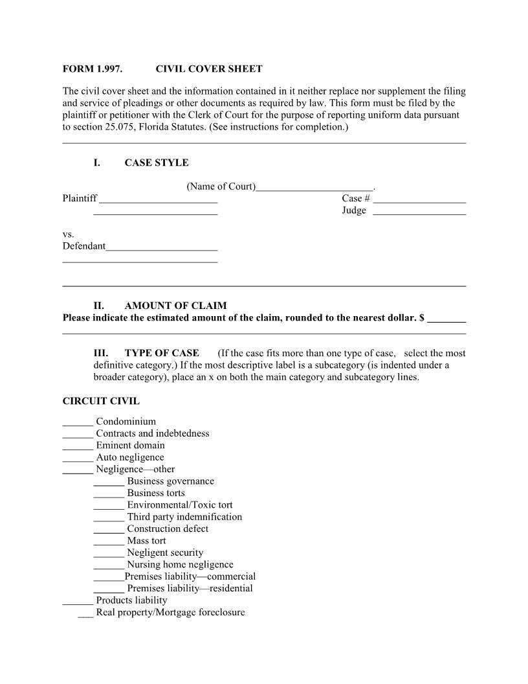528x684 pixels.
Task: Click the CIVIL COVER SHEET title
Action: pos(209,69)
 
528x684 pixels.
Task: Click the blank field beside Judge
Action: pos(419,211)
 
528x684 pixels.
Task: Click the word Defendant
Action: pos(83,246)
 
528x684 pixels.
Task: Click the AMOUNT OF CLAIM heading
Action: pos(175,306)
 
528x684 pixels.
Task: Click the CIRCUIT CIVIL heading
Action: pos(101,401)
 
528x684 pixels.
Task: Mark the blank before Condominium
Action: pos(78,422)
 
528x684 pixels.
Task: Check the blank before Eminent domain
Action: pos(78,446)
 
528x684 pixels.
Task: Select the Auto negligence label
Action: pos(130,457)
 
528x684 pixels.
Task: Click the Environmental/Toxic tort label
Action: pos(180,505)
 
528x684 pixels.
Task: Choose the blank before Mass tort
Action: pos(109,541)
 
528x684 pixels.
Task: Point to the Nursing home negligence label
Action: pos(180,564)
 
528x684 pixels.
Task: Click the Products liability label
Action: pos(131,600)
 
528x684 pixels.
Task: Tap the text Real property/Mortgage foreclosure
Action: pos(170,612)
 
